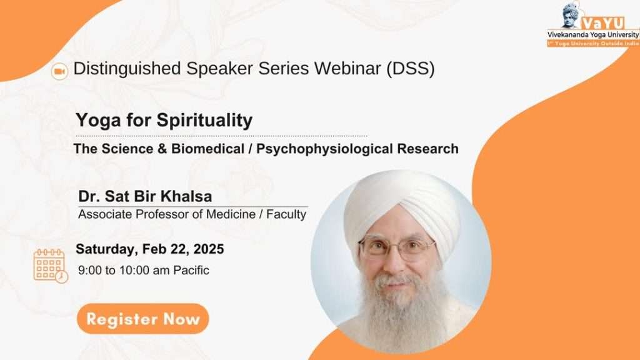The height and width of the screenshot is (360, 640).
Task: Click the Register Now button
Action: pos(143,319)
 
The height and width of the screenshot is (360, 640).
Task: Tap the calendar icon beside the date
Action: pos(51,266)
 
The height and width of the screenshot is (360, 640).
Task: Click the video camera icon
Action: pos(59,71)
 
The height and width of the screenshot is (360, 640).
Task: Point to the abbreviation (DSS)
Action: pos(411,69)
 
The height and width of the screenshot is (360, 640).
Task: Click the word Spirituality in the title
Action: pos(204,121)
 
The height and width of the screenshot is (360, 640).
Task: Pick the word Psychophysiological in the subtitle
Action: pos(324,149)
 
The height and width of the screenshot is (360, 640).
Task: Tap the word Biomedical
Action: pos(207,149)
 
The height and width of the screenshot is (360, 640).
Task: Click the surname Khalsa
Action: pos(186,196)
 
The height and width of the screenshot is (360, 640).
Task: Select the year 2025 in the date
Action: pos(209,249)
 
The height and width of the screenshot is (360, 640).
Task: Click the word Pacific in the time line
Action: pos(191,270)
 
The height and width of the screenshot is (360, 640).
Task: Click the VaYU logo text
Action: pos(603,23)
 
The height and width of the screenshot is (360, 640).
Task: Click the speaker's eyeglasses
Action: pos(396,247)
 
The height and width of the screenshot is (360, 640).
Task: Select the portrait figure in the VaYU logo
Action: pos(571,16)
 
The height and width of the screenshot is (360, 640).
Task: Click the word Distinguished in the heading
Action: pos(127,69)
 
